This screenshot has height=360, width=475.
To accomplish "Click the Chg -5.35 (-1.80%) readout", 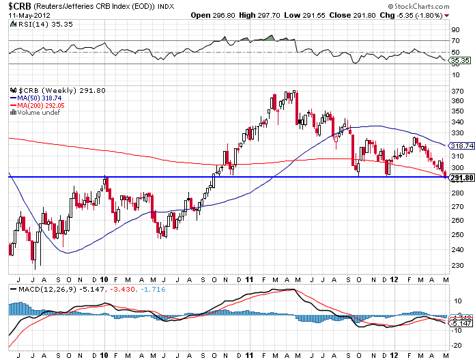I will click(409, 14).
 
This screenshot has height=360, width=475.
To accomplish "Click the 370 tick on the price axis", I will click(457, 89).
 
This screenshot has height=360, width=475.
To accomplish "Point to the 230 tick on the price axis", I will click(457, 266).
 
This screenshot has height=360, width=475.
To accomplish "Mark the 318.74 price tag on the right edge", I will click(462, 146).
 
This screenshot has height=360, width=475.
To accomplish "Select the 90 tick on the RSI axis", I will click(455, 30).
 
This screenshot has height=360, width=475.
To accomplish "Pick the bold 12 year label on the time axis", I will click(395, 280).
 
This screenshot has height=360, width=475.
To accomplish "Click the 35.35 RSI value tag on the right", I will click(462, 61).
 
